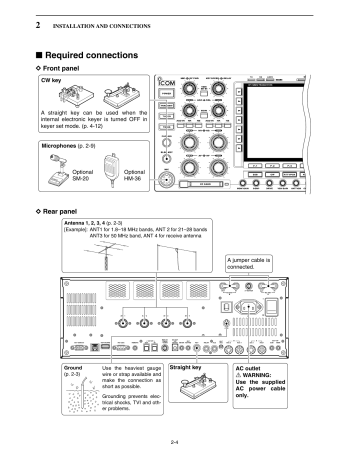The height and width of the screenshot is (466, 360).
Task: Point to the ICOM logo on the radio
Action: (x=168, y=85)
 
